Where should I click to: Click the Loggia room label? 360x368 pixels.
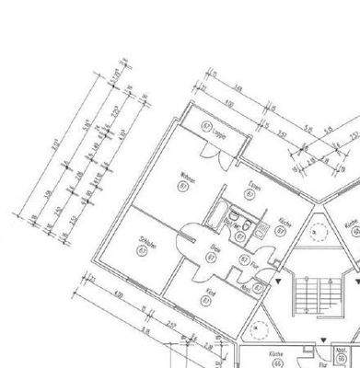click(x=221, y=132)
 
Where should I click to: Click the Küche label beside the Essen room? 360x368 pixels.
click(x=286, y=224)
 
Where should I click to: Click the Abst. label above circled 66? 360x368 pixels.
click(x=341, y=351)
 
